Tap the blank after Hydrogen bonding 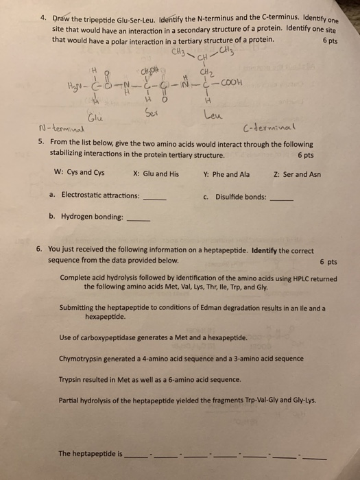tap(139, 220)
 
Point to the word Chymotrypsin tap(83, 359)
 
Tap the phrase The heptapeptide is tap(91, 453)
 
